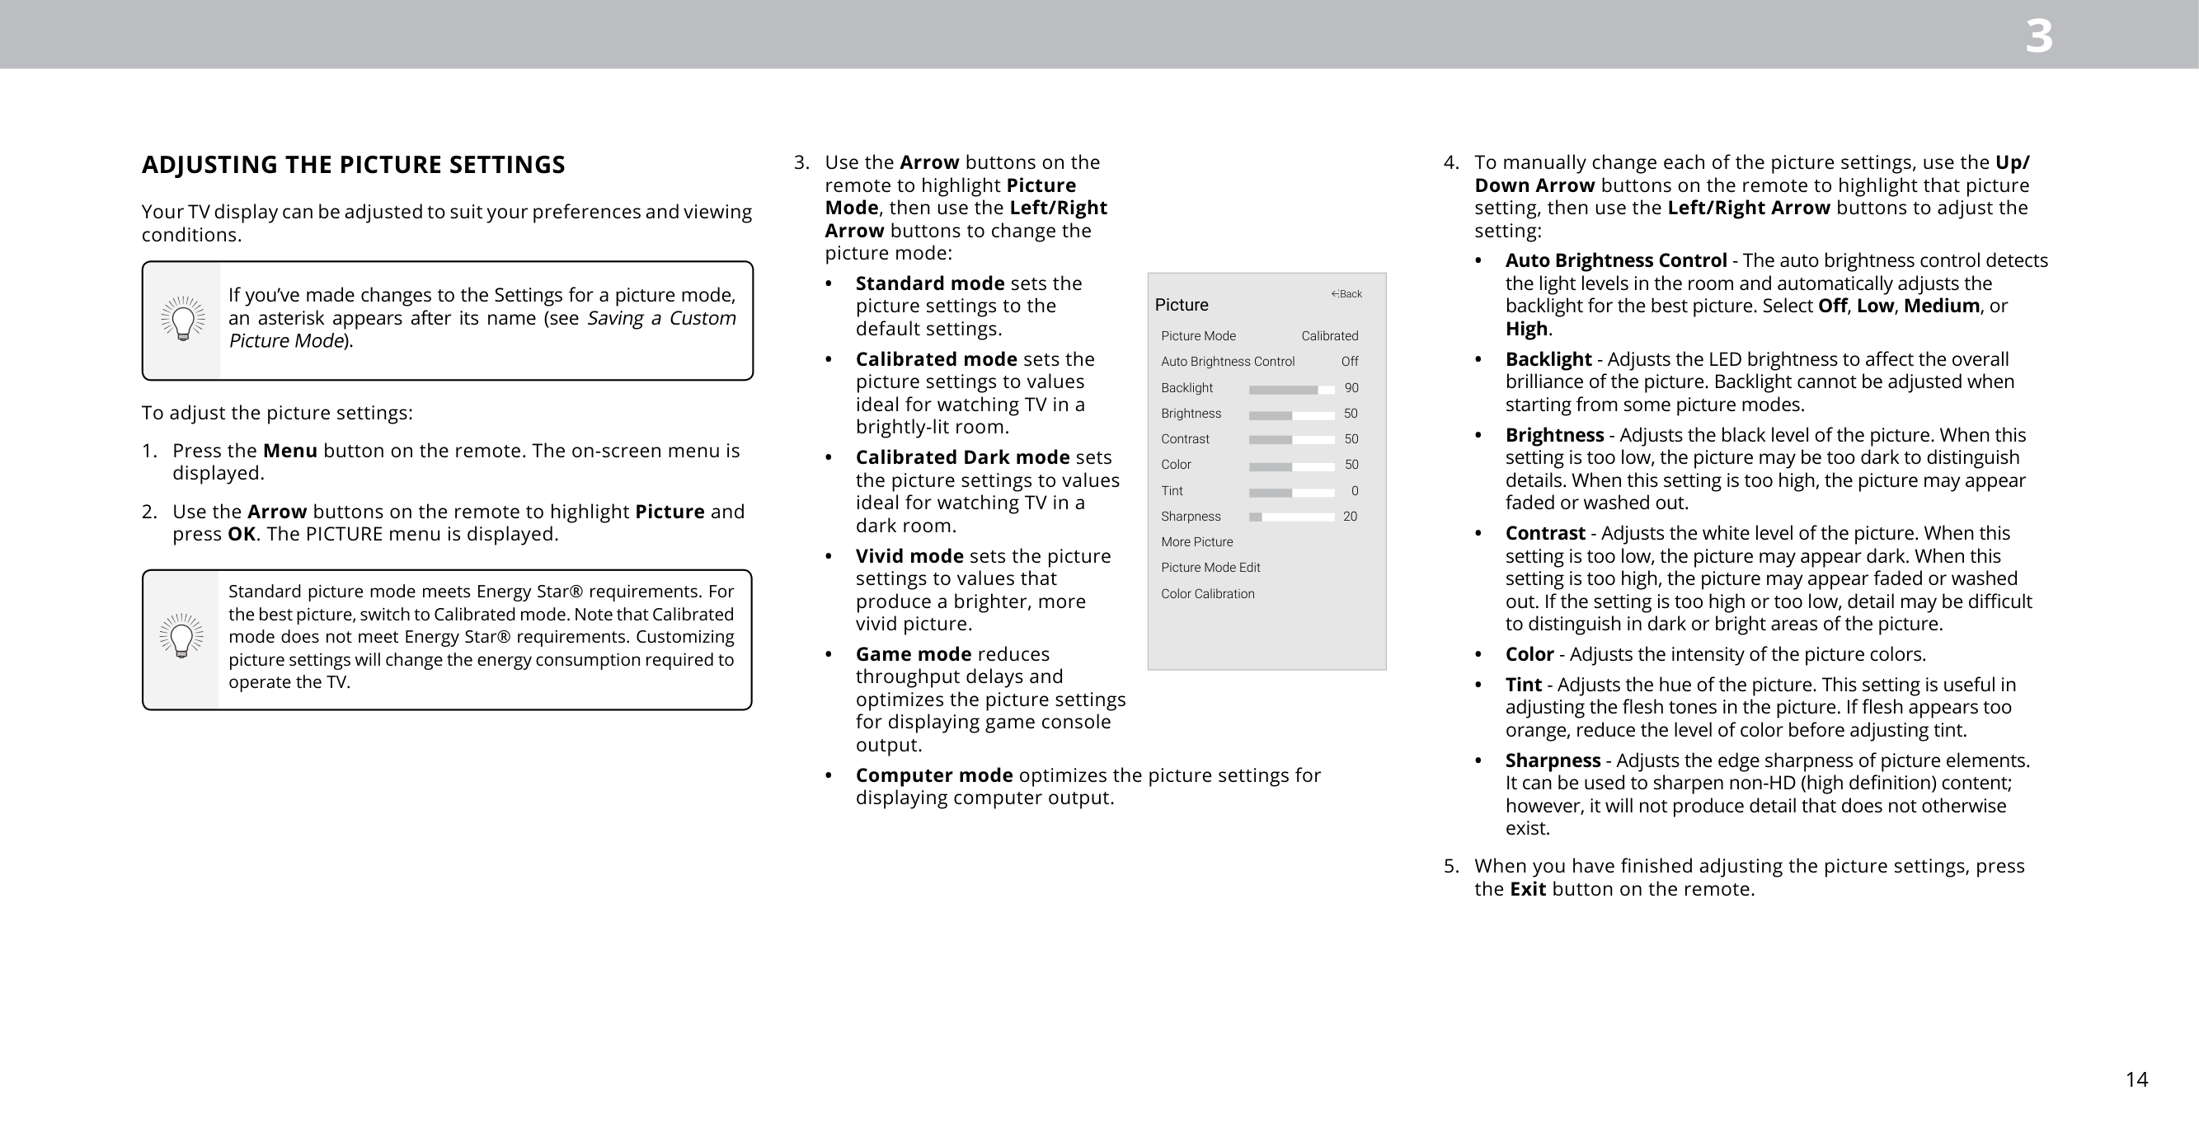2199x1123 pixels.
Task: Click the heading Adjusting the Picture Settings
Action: click(353, 165)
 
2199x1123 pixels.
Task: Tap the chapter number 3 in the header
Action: click(2038, 37)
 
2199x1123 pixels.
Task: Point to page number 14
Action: click(2136, 1079)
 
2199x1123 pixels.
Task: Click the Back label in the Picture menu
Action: click(1346, 294)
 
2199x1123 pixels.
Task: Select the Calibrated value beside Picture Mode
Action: click(1329, 336)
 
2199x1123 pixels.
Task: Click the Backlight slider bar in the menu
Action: click(1290, 389)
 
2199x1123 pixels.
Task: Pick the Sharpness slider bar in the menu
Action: click(1290, 517)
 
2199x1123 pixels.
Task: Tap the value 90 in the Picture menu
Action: click(1351, 388)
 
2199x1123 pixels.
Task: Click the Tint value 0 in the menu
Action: click(1354, 492)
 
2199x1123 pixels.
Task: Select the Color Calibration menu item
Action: click(1207, 594)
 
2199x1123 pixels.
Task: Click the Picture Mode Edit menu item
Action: click(1210, 569)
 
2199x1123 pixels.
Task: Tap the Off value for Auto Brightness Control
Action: click(1349, 362)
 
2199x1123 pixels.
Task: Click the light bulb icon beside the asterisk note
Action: click(183, 319)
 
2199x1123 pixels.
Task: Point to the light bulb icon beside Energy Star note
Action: click(181, 637)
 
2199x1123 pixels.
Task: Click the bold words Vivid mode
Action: click(909, 556)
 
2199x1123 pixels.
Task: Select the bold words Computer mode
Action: click(934, 775)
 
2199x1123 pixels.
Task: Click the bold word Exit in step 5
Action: click(1527, 889)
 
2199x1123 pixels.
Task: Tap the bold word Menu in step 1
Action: click(289, 451)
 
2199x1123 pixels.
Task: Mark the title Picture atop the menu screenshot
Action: click(1181, 306)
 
